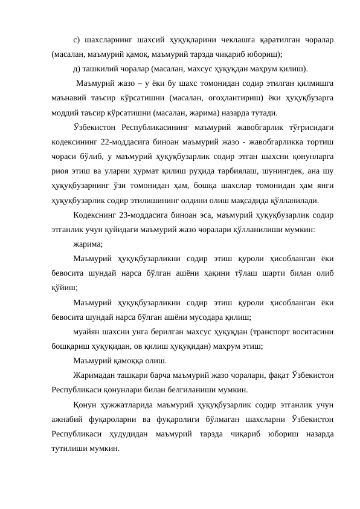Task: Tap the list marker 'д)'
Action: point(76,68)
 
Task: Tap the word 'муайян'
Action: point(87,331)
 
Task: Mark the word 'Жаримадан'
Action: point(95,375)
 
